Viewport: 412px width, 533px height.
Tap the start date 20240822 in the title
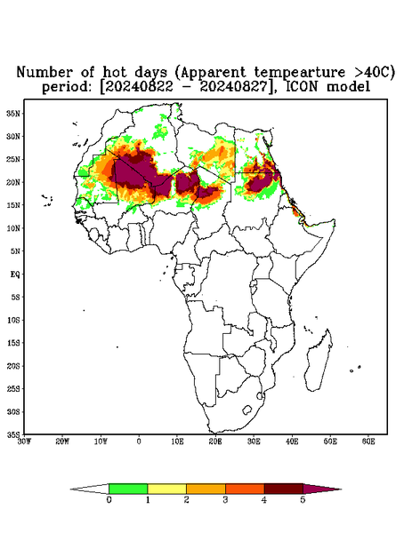coord(139,87)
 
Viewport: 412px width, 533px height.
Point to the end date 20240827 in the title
coord(233,87)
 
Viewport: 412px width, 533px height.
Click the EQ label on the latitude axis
coord(15,274)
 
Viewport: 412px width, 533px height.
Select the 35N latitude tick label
coord(13,113)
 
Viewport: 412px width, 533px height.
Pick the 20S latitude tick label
coord(13,366)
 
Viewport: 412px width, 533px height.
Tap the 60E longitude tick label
coord(368,442)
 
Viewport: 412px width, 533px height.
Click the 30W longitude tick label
coord(24,442)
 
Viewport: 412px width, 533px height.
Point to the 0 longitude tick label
coord(139,442)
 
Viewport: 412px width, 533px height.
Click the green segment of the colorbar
coord(128,489)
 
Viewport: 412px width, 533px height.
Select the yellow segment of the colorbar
coord(166,489)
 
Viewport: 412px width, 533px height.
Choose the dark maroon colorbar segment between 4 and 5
coord(284,489)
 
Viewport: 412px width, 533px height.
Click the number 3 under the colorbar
coord(225,500)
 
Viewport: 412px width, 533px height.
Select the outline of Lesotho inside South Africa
coord(247,410)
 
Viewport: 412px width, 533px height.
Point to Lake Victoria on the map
coord(254,282)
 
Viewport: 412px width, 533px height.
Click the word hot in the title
coord(115,73)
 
